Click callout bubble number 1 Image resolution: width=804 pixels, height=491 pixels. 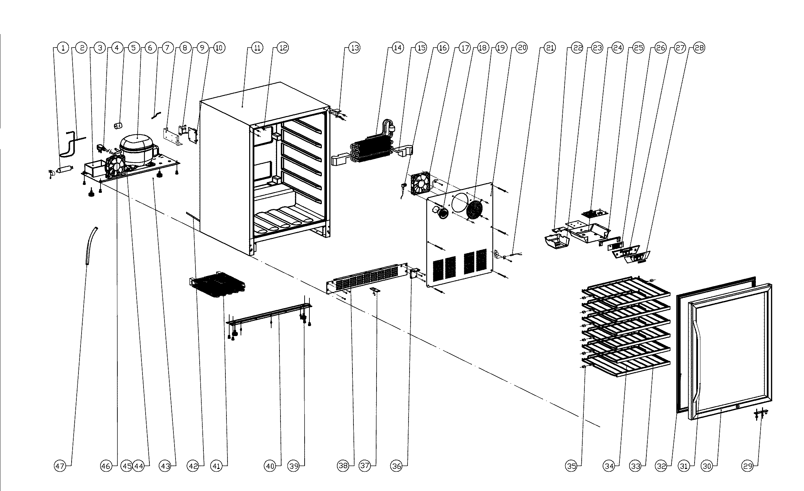point(63,48)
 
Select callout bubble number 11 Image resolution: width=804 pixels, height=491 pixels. point(257,48)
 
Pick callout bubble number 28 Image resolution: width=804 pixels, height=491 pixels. point(699,48)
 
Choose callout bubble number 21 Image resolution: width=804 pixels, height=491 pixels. point(550,48)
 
